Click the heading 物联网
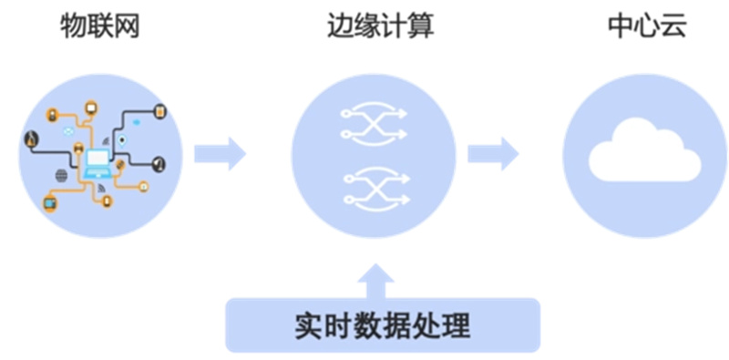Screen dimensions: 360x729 pyautogui.click(x=101, y=26)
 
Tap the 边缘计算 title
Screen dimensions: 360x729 pyautogui.click(x=380, y=26)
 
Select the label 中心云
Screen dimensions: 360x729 pyautogui.click(x=646, y=26)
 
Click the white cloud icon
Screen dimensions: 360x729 pyautogui.click(x=644, y=155)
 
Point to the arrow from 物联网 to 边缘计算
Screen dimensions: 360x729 pyautogui.click(x=220, y=152)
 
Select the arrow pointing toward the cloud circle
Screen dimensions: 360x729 pyautogui.click(x=493, y=152)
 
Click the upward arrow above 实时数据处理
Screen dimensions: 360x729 pyautogui.click(x=381, y=280)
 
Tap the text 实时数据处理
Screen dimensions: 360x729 pyautogui.click(x=383, y=325)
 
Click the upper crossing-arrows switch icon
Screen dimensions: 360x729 pyautogui.click(x=374, y=124)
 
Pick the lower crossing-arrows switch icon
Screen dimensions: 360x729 pyautogui.click(x=374, y=185)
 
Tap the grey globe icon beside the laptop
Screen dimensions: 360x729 pyautogui.click(x=62, y=175)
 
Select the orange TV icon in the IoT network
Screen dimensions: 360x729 pyautogui.click(x=50, y=203)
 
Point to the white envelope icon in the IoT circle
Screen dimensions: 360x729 pyautogui.click(x=67, y=132)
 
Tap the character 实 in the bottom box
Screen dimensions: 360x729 pyautogui.click(x=308, y=325)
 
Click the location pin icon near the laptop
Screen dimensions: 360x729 pyautogui.click(x=121, y=139)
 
